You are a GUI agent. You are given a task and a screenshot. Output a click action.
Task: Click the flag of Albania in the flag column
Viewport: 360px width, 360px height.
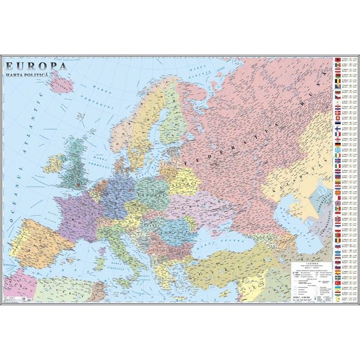[338, 61]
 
